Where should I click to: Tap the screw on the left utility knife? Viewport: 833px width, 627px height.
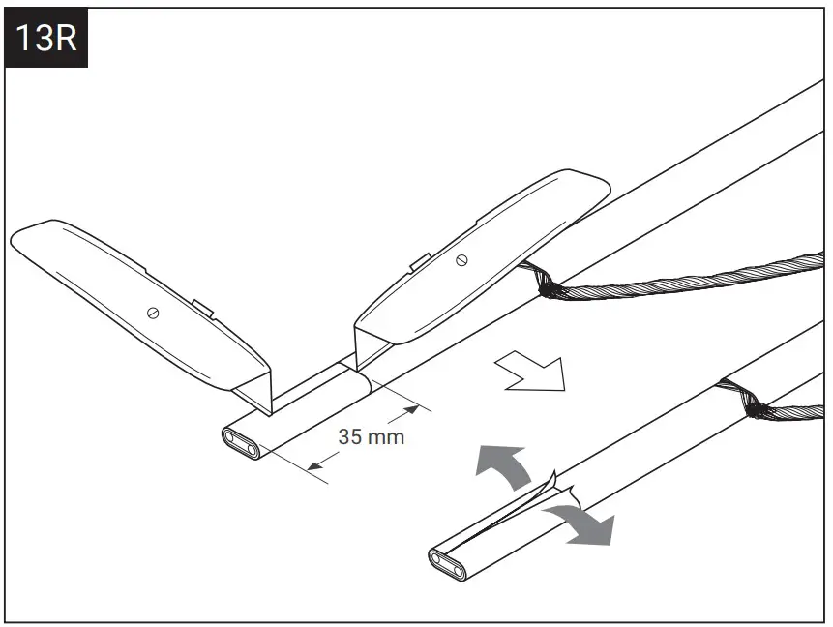tap(153, 312)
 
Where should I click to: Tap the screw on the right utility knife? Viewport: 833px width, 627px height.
tap(461, 258)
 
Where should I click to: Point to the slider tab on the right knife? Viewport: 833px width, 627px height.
tap(419, 260)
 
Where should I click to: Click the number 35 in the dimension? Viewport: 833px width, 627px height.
tap(351, 436)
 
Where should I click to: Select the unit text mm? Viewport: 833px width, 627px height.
tap(386, 436)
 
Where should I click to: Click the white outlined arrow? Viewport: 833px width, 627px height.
tap(530, 372)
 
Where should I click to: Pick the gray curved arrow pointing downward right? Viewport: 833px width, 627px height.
tap(582, 522)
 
